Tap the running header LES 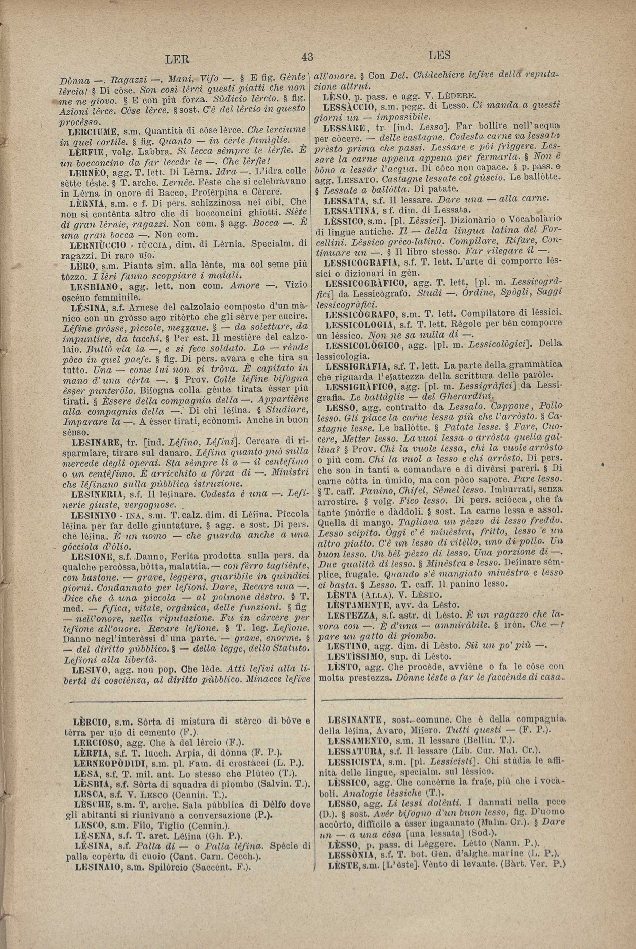click(x=439, y=55)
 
